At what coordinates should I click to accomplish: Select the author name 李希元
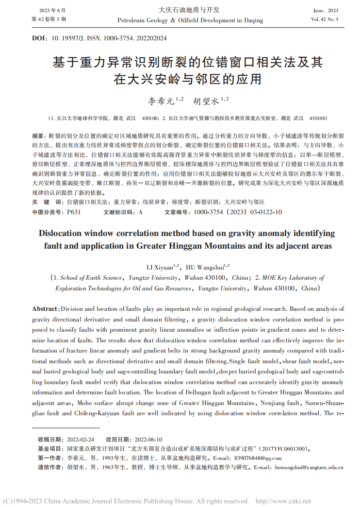pyautogui.click(x=158, y=101)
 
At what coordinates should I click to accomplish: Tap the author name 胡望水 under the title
pyautogui.click(x=204, y=101)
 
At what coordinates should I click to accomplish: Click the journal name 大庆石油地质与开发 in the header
pyautogui.click(x=190, y=10)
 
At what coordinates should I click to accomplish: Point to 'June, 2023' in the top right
pyautogui.click(x=326, y=10)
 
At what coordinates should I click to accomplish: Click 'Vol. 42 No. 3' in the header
pyautogui.click(x=325, y=19)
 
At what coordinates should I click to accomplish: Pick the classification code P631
pyautogui.click(x=74, y=212)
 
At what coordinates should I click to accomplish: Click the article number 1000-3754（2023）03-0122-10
pyautogui.click(x=237, y=212)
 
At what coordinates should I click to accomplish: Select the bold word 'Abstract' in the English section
pyautogui.click(x=45, y=309)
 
